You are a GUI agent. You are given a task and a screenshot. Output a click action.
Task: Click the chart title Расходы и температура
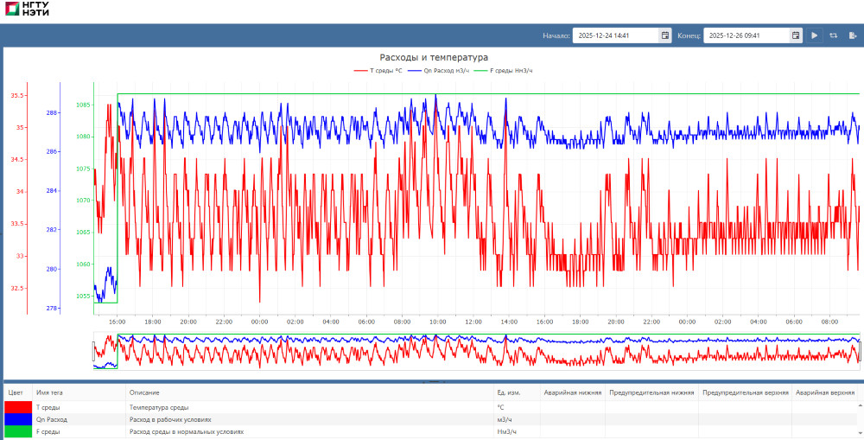click(x=434, y=57)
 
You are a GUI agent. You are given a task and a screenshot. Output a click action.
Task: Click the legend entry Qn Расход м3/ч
click(x=440, y=70)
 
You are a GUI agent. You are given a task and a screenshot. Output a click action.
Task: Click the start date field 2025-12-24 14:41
click(x=615, y=35)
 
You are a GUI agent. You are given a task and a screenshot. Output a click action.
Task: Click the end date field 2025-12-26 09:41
click(x=746, y=35)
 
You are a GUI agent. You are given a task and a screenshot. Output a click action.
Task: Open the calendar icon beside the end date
click(x=796, y=35)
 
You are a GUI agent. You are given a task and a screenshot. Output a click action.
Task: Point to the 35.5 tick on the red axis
click(x=17, y=95)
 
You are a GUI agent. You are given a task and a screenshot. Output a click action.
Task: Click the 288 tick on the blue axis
click(x=52, y=112)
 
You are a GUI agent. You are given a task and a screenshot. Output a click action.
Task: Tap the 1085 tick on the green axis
click(x=83, y=105)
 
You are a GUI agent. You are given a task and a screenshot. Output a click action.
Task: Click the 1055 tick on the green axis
click(x=83, y=296)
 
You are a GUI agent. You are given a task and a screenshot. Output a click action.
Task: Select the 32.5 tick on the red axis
click(x=17, y=288)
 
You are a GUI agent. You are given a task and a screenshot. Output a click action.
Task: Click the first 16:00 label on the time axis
click(x=118, y=322)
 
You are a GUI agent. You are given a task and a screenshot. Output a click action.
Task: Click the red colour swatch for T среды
click(x=18, y=407)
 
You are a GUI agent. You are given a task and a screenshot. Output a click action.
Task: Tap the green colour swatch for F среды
click(x=18, y=431)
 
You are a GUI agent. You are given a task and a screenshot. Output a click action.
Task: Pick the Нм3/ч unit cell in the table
click(x=507, y=431)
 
